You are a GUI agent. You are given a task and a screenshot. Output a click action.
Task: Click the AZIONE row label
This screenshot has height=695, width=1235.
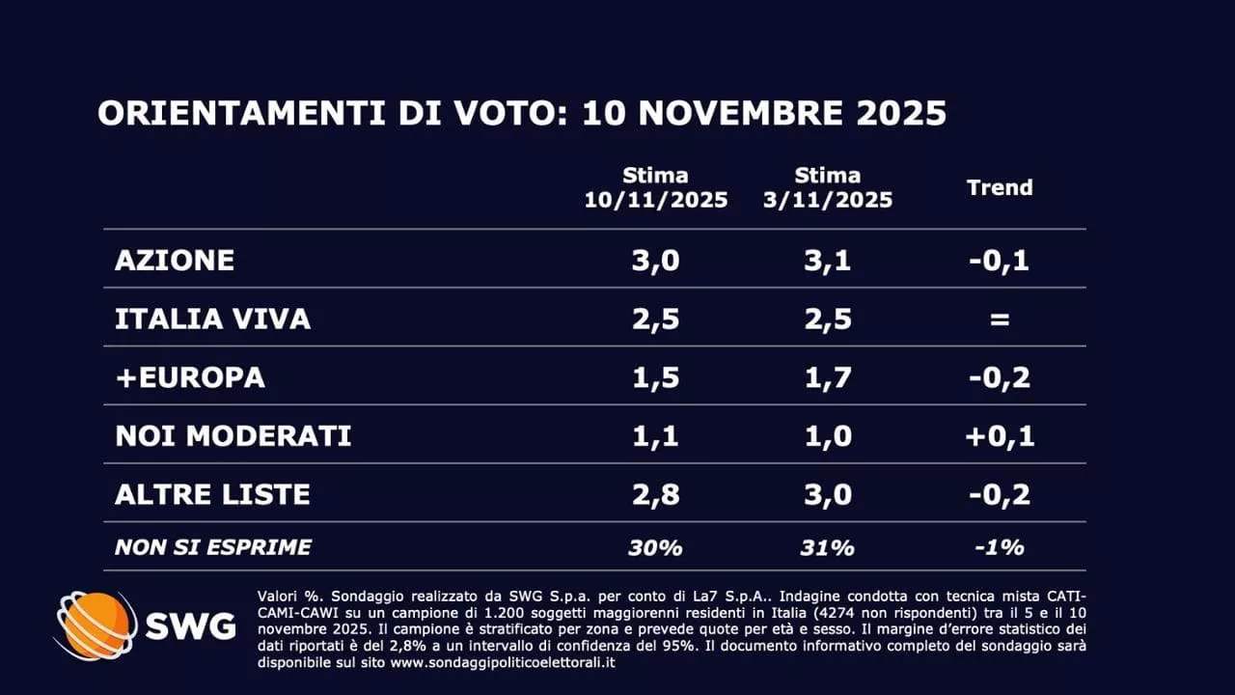(x=175, y=260)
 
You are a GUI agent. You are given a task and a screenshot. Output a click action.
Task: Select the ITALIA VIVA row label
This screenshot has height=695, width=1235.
(x=212, y=319)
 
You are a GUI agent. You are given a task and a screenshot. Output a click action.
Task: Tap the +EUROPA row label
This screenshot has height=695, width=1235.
(x=190, y=377)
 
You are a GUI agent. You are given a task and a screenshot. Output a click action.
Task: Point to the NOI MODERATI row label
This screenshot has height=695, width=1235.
(x=233, y=435)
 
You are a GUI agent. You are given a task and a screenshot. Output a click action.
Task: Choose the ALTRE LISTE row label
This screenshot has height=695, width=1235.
(x=212, y=494)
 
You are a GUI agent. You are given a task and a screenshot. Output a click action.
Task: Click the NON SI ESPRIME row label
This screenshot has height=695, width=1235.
(x=213, y=547)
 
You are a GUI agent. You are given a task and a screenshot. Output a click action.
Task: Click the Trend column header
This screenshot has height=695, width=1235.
(x=1000, y=187)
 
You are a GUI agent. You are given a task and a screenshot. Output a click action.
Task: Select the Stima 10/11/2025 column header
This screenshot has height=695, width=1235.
(x=656, y=188)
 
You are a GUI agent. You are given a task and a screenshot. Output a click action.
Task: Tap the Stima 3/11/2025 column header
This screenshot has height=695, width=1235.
(x=828, y=188)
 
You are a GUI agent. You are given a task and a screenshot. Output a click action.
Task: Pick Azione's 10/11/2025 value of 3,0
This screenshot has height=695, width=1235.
(x=656, y=260)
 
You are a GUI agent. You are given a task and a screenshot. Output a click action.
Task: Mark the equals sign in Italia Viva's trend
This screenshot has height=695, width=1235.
(x=1000, y=319)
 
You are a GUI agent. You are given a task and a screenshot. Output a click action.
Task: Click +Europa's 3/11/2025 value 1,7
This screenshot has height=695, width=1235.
(x=828, y=377)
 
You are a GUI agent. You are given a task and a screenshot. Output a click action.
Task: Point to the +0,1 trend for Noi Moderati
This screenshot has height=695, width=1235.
(x=1000, y=435)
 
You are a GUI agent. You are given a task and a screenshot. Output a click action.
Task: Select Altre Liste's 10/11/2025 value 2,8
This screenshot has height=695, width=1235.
(x=656, y=494)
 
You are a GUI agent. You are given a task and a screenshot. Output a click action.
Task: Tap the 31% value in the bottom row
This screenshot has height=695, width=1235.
(x=828, y=547)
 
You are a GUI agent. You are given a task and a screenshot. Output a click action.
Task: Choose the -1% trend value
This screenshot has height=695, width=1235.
(x=1000, y=547)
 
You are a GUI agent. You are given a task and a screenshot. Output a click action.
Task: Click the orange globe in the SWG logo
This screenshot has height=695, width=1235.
(x=96, y=625)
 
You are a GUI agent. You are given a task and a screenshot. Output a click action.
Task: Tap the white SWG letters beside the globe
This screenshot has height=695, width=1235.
(x=190, y=626)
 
